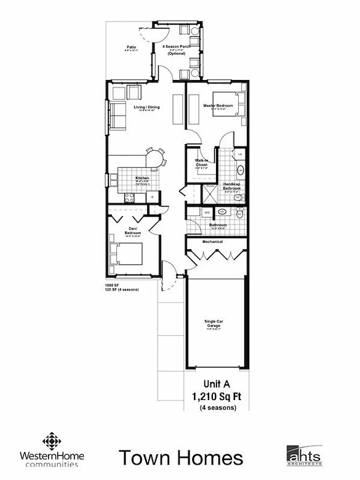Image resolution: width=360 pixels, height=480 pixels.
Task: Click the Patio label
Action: (131, 47)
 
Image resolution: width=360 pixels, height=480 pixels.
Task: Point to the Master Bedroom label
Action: (218, 106)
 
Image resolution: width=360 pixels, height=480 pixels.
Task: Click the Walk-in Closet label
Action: (201, 162)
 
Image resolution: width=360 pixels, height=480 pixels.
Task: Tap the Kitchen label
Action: (143, 178)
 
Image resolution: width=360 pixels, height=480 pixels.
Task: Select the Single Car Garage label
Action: (215, 323)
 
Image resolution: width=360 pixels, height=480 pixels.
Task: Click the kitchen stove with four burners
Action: (130, 198)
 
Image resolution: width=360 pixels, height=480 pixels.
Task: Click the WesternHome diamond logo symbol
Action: (52, 441)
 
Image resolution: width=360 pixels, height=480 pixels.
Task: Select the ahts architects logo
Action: (304, 454)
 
